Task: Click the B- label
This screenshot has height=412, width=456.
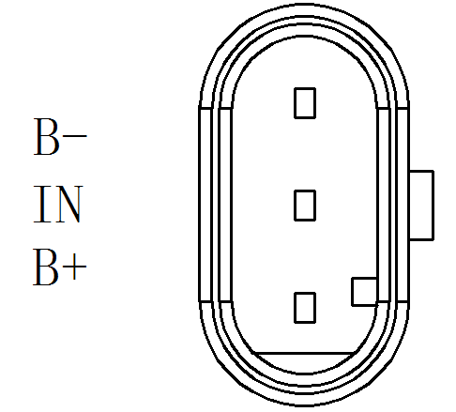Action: click(60, 137)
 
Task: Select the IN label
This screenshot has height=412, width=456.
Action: click(58, 204)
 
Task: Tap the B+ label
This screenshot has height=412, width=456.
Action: click(59, 267)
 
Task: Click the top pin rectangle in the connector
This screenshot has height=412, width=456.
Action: click(305, 103)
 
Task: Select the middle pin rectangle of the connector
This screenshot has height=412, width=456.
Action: click(305, 206)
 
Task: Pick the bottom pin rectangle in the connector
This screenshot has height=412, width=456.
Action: click(305, 308)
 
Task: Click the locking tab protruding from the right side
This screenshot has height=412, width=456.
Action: click(421, 206)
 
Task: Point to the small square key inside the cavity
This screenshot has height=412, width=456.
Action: click(365, 291)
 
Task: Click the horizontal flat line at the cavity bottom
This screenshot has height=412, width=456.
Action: click(304, 354)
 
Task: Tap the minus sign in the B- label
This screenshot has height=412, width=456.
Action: click(75, 136)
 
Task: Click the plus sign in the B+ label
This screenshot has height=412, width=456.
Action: click(74, 267)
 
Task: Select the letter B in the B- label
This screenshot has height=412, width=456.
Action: click(46, 137)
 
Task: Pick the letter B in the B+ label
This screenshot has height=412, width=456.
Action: click(46, 267)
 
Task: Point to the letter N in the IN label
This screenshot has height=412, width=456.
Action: click(68, 204)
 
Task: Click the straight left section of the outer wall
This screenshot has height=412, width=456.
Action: click(205, 205)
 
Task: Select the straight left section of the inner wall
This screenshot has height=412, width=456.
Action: click(225, 205)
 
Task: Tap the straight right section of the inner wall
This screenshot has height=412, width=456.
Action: click(384, 205)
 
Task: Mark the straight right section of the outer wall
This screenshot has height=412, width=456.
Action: click(403, 205)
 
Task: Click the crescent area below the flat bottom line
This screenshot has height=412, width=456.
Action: click(304, 363)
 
